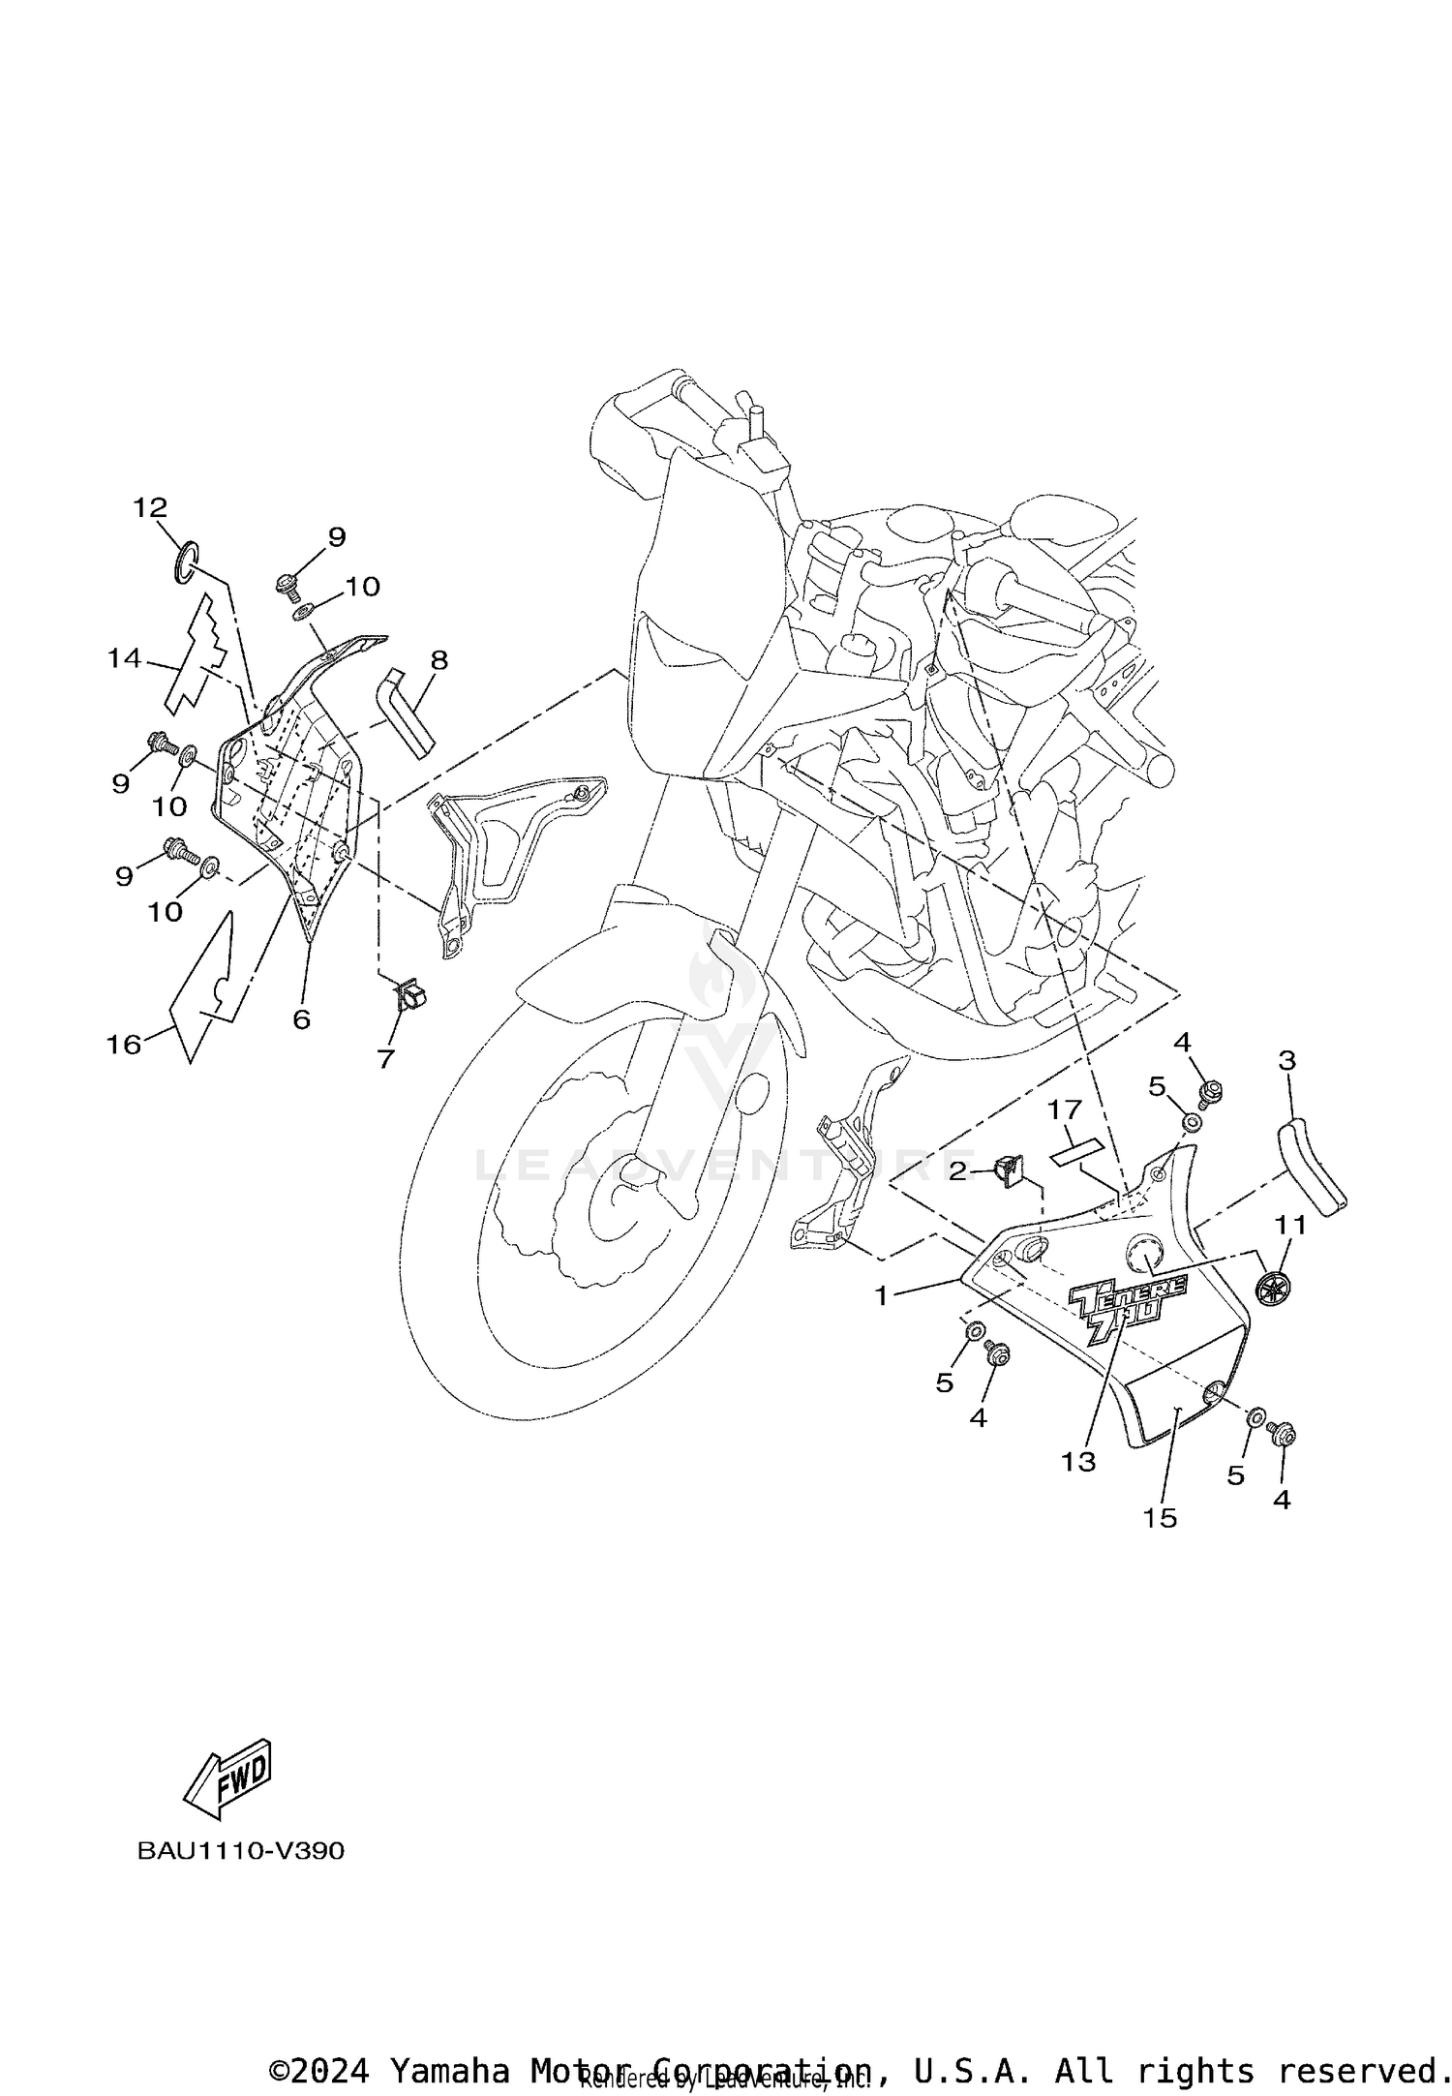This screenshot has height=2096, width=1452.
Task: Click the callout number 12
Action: [150, 507]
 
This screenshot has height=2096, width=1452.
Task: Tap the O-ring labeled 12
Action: [186, 563]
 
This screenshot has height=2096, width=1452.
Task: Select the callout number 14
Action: [124, 659]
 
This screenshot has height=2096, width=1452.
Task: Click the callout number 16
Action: [123, 1045]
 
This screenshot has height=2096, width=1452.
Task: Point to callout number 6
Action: [301, 1019]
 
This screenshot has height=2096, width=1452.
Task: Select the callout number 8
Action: [439, 660]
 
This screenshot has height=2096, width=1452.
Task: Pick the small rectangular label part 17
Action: [1077, 1152]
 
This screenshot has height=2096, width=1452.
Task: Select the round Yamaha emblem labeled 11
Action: [1274, 1287]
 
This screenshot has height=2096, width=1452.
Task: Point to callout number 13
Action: [1077, 1461]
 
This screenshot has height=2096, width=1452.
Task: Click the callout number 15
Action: [1160, 1517]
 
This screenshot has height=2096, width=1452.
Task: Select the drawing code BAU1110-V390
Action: [240, 1851]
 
